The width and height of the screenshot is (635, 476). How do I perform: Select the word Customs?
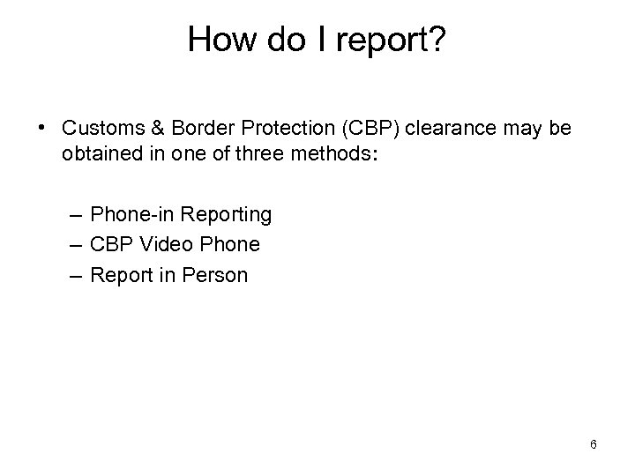point(100,129)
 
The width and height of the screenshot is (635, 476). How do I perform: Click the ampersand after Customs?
point(150,129)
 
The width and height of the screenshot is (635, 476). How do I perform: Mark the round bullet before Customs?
point(42,129)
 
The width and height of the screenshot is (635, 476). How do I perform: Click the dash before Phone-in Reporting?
point(75,214)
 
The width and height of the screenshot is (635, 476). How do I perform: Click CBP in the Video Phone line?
point(111,244)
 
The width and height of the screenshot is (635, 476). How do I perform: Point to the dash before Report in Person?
point(75,275)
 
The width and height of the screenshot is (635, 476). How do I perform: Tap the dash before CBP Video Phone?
point(75,244)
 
